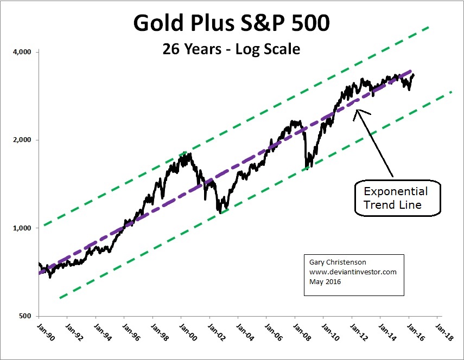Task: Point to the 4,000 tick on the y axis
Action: pos(23,52)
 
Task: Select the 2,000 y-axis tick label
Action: pos(23,140)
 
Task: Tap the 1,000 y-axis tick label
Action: pos(23,228)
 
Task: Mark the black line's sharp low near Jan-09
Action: pos(307,169)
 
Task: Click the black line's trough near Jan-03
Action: pos(219,211)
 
